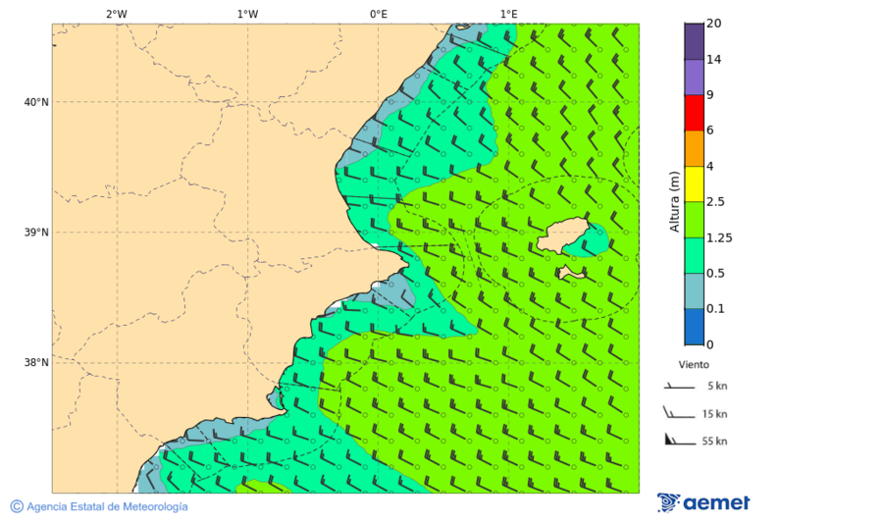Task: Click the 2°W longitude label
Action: click(x=116, y=14)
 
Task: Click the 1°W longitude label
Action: click(x=247, y=14)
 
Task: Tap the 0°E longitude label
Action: click(x=378, y=14)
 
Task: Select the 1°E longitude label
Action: click(x=508, y=14)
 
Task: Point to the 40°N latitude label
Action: click(x=36, y=102)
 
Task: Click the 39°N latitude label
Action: click(x=36, y=233)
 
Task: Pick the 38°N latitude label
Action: click(x=36, y=363)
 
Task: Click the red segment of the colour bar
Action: click(x=694, y=113)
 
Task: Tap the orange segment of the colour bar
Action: click(x=694, y=148)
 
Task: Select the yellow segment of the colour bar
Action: click(x=694, y=183)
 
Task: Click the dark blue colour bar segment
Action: click(x=694, y=327)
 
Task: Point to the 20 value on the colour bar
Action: click(x=713, y=24)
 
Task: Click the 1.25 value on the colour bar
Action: click(x=719, y=237)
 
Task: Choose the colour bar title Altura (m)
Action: click(x=674, y=201)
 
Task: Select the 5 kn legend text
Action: click(x=714, y=386)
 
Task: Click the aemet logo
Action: click(x=703, y=502)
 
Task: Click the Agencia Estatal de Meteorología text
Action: click(x=106, y=506)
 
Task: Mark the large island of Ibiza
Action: click(x=564, y=235)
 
